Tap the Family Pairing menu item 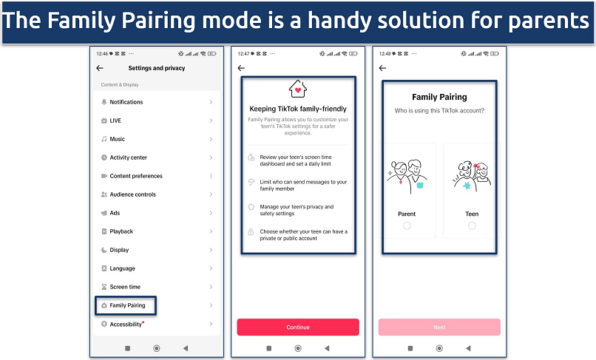coord(127,305)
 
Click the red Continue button coord(297,327)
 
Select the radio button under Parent coord(407,225)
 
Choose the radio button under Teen coord(472,225)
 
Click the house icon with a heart coord(297,90)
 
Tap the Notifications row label coord(126,102)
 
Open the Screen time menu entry coord(125,287)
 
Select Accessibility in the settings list coord(126,324)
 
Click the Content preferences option coord(136,176)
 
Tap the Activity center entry coord(128,157)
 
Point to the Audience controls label coord(132,194)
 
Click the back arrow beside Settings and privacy coord(100,68)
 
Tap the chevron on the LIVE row coord(211,120)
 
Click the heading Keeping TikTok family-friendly coord(298,109)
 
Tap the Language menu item coord(122,268)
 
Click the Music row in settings coord(117,139)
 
